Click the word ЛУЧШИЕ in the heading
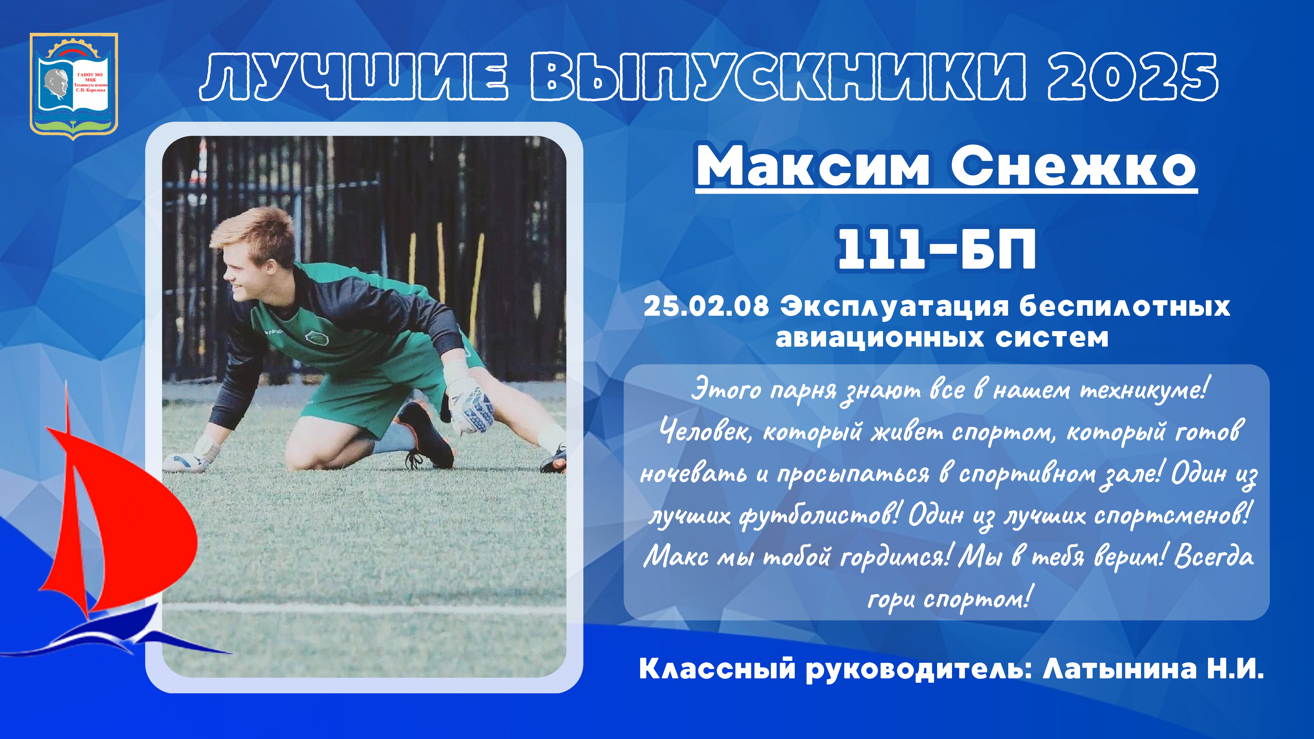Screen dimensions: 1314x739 click(353, 76)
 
